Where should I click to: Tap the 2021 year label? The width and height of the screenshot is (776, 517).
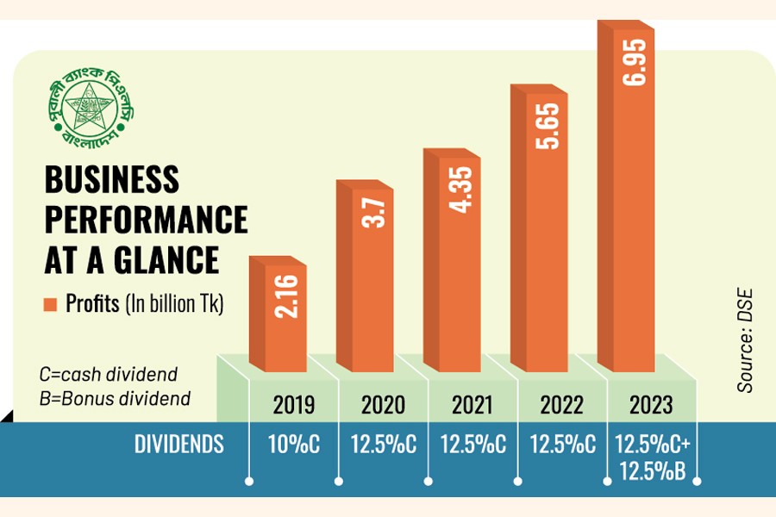467,404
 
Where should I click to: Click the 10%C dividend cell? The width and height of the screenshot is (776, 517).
294,445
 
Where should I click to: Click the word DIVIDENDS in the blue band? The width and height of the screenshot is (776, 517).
179,445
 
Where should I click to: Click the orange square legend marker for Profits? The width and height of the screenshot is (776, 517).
49,304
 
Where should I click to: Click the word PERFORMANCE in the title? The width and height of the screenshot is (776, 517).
145,220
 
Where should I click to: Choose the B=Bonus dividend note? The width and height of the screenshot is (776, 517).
114,398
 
